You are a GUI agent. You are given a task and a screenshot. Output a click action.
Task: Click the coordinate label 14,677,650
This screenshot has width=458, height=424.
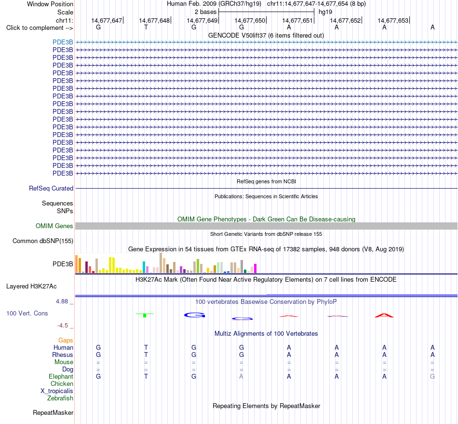[250, 20]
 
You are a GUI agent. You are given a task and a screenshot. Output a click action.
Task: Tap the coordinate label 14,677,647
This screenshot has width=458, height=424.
[107, 20]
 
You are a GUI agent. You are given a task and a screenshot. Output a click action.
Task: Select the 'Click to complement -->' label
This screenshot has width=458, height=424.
[40, 28]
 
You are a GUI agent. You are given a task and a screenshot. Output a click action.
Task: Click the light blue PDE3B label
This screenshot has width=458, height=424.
[63, 42]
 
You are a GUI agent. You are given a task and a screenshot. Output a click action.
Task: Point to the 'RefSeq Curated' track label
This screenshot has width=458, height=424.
[51, 188]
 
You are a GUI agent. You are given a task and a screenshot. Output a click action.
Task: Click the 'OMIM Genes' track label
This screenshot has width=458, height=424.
[54, 226]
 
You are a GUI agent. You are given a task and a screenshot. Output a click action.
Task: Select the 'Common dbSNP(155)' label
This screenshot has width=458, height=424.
[43, 241]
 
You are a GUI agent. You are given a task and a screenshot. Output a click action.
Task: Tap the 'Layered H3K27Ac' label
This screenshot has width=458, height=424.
[31, 287]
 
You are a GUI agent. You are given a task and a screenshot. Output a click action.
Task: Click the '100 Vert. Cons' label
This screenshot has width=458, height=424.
[27, 313]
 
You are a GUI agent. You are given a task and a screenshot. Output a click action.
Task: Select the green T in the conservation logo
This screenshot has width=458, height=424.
[145, 315]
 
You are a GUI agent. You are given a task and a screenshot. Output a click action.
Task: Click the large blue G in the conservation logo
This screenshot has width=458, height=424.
[195, 315]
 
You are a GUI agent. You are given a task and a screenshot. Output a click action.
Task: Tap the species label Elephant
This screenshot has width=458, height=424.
[61, 376]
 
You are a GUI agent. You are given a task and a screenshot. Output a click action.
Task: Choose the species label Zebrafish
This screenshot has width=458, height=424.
[60, 398]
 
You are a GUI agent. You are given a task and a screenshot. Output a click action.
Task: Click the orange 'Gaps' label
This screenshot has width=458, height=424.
[66, 340]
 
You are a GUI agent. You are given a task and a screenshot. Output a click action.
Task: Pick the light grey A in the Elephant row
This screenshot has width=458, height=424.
[241, 376]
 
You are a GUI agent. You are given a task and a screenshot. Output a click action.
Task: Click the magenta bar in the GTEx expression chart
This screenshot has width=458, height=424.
[256, 268]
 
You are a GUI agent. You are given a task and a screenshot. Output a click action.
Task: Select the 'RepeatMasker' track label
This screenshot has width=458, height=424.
[53, 412]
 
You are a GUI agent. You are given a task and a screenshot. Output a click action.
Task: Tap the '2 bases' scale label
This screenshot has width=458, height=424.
[206, 12]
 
